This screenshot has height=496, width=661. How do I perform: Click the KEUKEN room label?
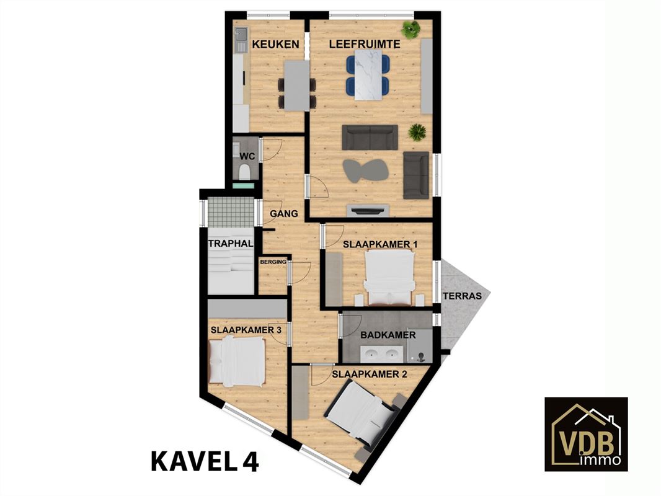pos(275,44)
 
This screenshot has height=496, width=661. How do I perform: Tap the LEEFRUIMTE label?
pos(365,44)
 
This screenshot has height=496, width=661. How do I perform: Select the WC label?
pos(247,156)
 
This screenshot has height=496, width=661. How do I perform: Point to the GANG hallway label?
pos(284,214)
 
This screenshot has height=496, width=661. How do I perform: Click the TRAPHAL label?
pos(231,243)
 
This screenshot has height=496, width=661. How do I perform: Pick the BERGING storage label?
pos(273,262)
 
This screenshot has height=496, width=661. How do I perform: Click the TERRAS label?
pos(462,296)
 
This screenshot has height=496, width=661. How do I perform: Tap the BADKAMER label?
pos(388,335)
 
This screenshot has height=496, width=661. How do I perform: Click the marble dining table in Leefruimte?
pos(368,75)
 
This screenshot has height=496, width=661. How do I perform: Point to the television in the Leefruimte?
pos(367,210)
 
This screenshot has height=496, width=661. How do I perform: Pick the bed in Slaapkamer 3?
pos(236,361)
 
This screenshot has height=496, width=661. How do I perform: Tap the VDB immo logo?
pos(586,434)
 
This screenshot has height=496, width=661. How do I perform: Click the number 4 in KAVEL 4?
pos(251,461)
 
